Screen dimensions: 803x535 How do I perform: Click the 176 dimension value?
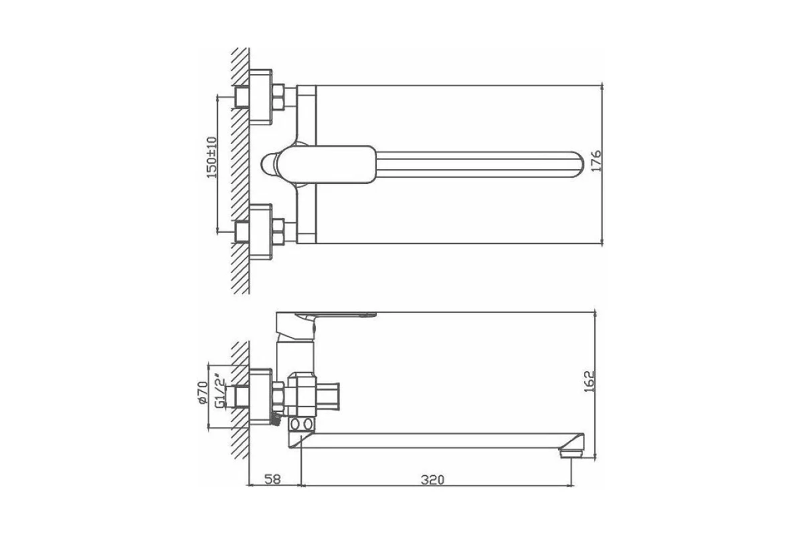point(596,160)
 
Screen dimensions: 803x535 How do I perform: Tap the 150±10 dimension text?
point(212,157)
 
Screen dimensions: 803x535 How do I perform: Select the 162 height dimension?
point(590,381)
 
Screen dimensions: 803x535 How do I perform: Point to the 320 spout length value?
point(432,479)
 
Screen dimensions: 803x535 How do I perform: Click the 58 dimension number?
point(272,479)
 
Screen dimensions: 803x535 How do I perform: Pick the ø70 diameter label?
point(203,393)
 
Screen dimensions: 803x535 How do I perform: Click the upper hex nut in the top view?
point(278,97)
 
